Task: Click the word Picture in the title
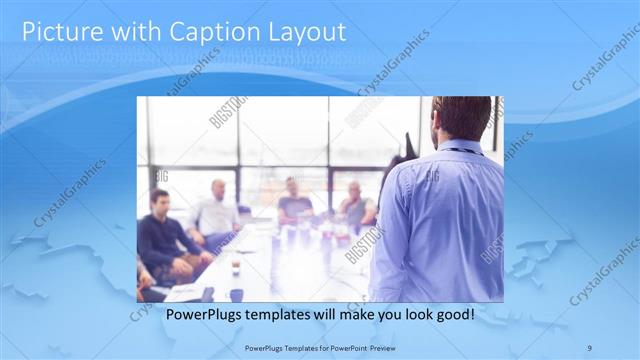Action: tap(62, 32)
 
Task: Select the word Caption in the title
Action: tap(204, 32)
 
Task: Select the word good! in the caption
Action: tap(452, 314)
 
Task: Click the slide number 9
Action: tap(589, 347)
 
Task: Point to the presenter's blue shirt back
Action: tap(445, 220)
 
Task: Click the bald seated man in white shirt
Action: tap(216, 210)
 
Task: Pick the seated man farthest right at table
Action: tap(356, 205)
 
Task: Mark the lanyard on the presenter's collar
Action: tap(458, 151)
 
